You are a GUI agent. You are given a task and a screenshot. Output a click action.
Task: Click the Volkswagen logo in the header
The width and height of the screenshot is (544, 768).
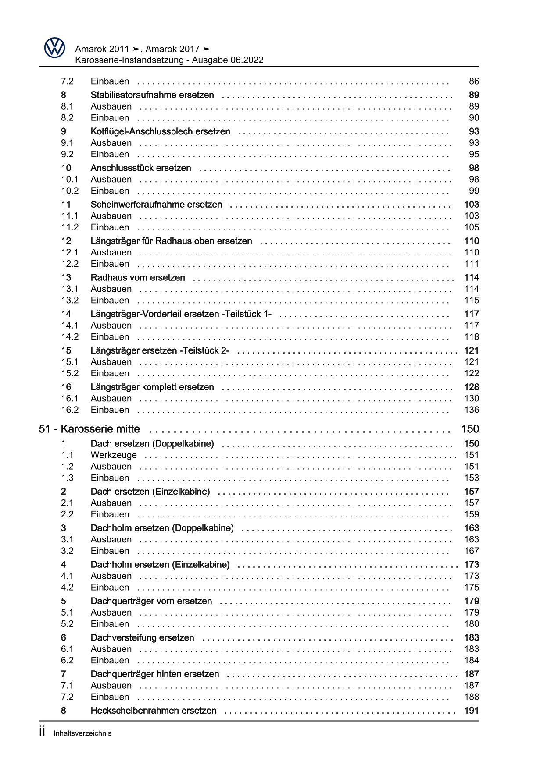[54, 47]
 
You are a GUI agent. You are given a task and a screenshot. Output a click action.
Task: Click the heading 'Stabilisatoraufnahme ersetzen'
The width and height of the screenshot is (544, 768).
[152, 95]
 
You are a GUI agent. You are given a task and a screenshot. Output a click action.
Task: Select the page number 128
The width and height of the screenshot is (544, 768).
[472, 387]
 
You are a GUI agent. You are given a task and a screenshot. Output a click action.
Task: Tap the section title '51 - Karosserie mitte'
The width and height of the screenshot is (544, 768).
[89, 429]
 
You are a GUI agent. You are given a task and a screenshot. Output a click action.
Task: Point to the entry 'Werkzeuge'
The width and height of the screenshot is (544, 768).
[114, 455]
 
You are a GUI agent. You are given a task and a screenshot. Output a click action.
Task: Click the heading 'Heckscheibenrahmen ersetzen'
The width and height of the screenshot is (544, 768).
[154, 711]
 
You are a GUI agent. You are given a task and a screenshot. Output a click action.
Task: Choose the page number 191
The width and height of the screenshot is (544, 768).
[472, 711]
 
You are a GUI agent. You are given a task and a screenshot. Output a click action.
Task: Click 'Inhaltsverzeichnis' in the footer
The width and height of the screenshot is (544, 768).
[82, 733]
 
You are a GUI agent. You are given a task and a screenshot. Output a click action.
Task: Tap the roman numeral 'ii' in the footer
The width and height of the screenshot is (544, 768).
[42, 732]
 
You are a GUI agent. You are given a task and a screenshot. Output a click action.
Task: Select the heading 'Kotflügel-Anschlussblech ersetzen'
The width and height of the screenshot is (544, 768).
[160, 131]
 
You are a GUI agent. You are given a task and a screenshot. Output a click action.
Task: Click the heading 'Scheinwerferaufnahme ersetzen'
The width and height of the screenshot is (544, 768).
[156, 205]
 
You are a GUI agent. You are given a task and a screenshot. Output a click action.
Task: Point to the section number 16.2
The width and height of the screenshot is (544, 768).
[70, 410]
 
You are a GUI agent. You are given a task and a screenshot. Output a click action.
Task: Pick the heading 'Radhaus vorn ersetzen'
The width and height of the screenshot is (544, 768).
[138, 278]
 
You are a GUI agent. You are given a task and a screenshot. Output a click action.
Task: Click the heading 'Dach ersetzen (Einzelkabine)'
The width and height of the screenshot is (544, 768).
[150, 492]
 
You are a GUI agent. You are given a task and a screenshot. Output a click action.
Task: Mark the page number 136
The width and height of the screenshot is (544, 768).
[472, 410]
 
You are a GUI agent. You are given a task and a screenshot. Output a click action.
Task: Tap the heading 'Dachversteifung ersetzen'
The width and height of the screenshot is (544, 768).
[142, 638]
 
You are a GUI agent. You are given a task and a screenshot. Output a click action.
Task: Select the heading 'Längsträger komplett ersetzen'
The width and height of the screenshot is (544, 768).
[152, 387]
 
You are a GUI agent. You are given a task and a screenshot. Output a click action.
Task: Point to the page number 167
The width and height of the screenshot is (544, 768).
[472, 551]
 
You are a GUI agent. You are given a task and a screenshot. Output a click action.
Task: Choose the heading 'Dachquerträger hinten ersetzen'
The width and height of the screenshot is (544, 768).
[155, 674]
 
